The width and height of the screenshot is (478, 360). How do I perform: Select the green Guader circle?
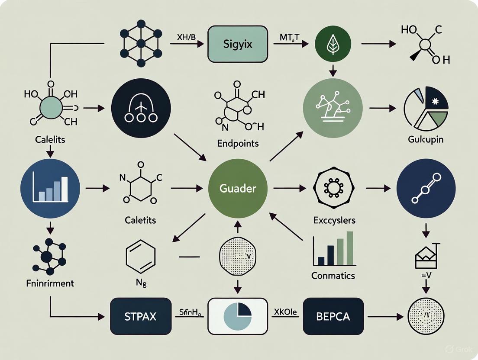[238, 189]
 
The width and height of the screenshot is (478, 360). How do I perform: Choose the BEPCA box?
[333, 316]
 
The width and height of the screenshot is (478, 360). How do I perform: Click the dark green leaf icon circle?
[333, 45]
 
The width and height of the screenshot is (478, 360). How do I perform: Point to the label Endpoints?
[239, 144]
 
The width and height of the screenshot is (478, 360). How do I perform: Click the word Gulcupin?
[425, 139]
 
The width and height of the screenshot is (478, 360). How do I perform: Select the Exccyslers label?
[334, 220]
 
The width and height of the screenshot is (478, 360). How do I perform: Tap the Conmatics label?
[333, 275]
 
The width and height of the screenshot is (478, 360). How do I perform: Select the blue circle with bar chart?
[50, 189]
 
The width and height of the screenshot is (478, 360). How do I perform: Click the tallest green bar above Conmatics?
[350, 248]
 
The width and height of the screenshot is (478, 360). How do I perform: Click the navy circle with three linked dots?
[426, 189]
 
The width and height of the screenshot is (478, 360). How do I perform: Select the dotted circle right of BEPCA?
[426, 316]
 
